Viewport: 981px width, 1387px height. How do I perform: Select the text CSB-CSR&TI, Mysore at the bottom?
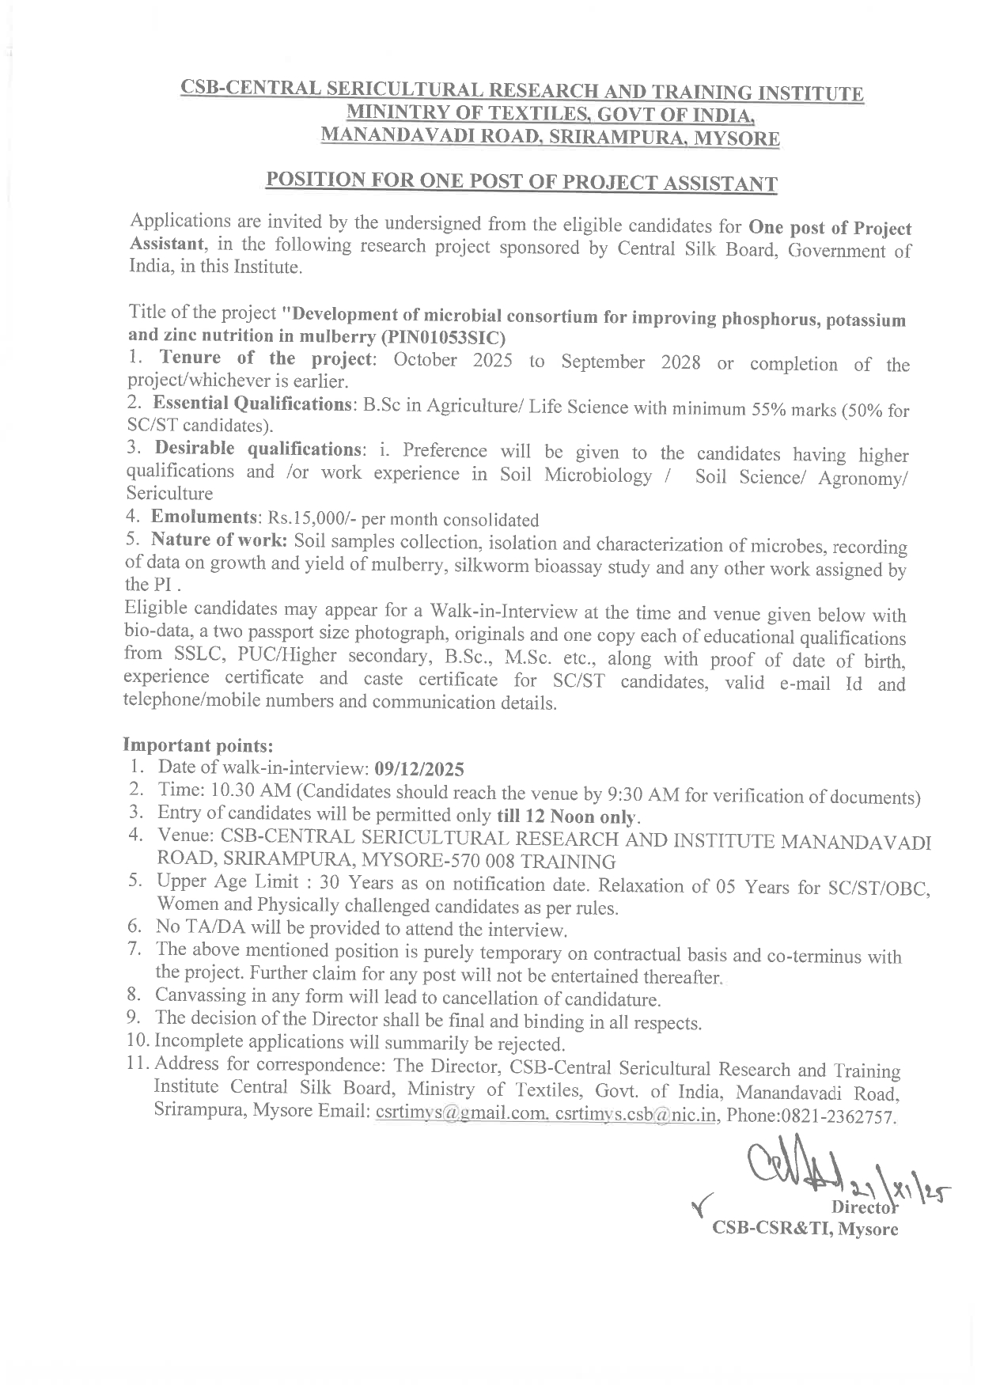pos(805,1229)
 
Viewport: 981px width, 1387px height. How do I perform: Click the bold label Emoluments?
pos(202,517)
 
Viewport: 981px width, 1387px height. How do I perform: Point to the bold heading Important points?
pos(199,745)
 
